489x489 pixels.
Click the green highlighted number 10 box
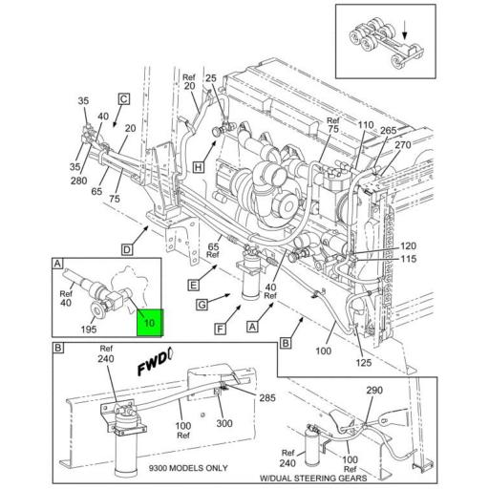pyautogui.click(x=149, y=323)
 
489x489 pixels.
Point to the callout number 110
pyautogui.click(x=365, y=126)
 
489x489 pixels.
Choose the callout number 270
pyautogui.click(x=402, y=145)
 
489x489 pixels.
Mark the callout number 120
pyautogui.click(x=409, y=245)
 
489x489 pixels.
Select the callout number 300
pyautogui.click(x=224, y=423)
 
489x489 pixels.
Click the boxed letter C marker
pyautogui.click(x=123, y=97)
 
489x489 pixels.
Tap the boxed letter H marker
pyautogui.click(x=198, y=165)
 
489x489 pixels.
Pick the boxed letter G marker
pyautogui.click(x=202, y=304)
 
